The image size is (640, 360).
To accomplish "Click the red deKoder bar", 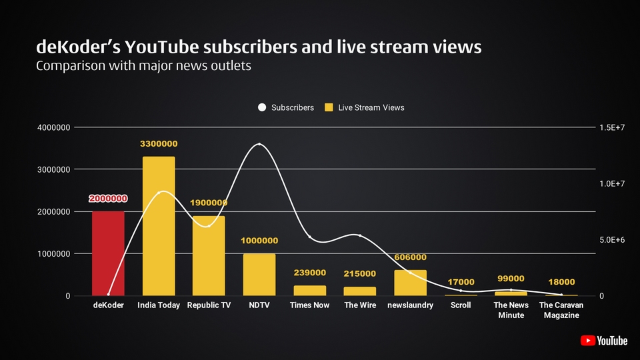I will (108, 253).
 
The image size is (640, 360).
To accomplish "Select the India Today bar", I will (159, 227).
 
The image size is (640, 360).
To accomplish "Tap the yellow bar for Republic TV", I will (209, 256).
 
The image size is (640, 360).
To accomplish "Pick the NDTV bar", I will (259, 275).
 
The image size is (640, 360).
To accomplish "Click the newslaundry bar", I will (410, 283).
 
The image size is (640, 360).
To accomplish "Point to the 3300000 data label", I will (159, 144).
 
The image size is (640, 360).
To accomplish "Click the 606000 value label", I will (410, 257).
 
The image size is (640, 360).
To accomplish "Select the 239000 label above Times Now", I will (310, 273).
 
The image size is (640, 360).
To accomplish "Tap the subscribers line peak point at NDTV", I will (259, 144).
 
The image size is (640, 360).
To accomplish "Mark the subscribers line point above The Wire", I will (360, 235).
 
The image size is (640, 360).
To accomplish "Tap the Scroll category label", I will (461, 305).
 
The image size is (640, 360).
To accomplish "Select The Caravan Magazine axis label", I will (561, 310).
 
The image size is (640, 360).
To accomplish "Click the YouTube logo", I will (604, 341).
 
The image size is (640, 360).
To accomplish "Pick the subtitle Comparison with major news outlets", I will (143, 67).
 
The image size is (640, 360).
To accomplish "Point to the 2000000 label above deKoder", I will (108, 199).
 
